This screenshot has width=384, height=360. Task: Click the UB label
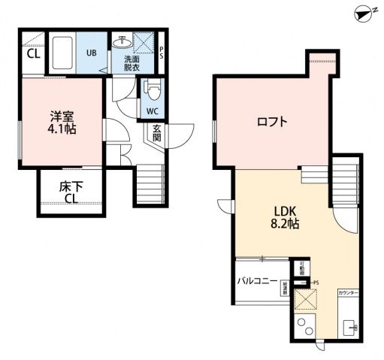91,53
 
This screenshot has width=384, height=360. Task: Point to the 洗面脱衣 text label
132,64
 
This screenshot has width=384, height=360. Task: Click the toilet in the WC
153,90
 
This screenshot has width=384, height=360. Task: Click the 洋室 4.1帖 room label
60,123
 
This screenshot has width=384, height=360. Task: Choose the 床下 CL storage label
71,192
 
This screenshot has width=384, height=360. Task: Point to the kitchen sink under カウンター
352,329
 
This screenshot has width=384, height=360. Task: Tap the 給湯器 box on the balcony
286,288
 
